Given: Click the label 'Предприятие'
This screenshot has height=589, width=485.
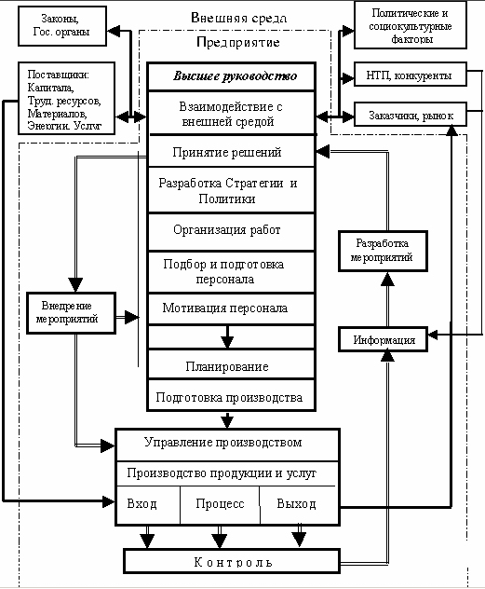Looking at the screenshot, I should click(x=238, y=43).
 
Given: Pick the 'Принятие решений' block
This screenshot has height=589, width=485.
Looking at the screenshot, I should click(x=227, y=152).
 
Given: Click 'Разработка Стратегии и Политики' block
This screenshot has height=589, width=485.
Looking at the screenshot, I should click(x=229, y=190).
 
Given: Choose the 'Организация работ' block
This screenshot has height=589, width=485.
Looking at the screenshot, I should click(x=227, y=229).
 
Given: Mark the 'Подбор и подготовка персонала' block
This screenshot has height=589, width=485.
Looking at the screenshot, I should click(x=229, y=271).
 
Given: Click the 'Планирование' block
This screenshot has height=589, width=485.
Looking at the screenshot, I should click(x=227, y=366).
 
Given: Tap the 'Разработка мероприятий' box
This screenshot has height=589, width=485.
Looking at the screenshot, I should click(x=383, y=250).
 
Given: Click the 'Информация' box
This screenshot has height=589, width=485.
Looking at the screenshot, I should click(x=383, y=340).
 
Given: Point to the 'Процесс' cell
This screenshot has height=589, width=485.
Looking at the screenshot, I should click(x=220, y=504).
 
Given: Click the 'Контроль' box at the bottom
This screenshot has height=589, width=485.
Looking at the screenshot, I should click(x=233, y=562).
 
